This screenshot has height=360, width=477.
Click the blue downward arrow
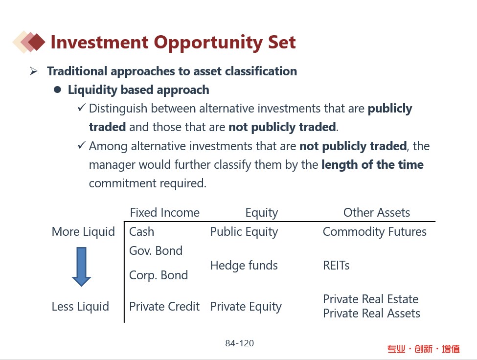81,267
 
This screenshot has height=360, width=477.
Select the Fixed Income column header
164,213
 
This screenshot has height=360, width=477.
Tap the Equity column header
262,213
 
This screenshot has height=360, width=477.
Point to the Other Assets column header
377,213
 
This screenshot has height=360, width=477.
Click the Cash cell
141,232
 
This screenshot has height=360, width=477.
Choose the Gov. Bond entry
156,251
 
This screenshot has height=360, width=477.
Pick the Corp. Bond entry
159,275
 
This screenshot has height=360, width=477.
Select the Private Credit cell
164,307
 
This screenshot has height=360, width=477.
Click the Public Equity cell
244,232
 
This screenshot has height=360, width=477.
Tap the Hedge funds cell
244,266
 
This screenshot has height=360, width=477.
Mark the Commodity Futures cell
374,232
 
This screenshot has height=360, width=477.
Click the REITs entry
336,266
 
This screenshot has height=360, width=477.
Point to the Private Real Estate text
370,299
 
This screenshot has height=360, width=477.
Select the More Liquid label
83,232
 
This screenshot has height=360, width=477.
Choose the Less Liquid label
80,307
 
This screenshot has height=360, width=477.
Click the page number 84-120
239,343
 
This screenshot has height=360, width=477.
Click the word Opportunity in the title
208,43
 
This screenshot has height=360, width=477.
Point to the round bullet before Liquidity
57,90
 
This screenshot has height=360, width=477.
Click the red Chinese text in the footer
424,349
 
